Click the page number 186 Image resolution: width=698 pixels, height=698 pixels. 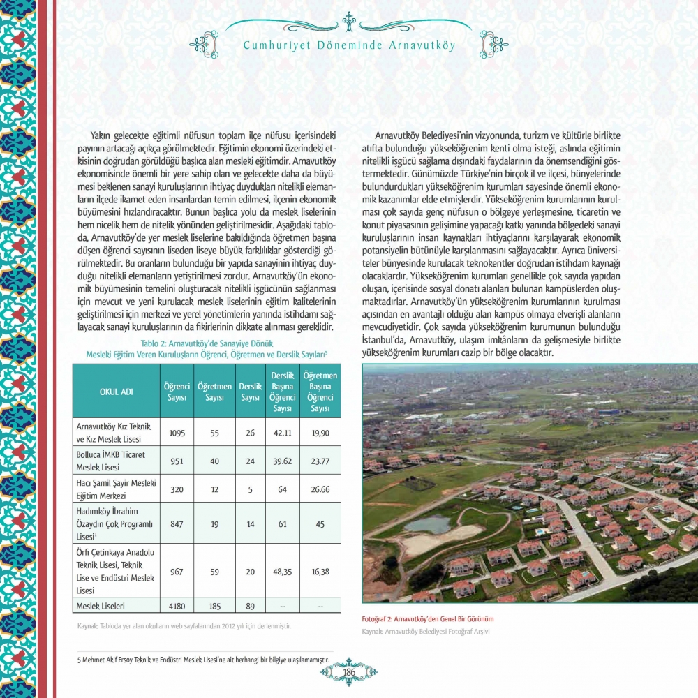tap(349, 672)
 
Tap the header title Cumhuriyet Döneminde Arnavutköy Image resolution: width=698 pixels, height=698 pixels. tap(349, 45)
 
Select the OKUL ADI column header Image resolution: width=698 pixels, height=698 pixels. tap(117, 392)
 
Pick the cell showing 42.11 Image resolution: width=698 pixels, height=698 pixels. tap(283, 433)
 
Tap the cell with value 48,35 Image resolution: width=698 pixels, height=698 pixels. tap(283, 570)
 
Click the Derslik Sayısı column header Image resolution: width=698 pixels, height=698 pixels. tap(250, 392)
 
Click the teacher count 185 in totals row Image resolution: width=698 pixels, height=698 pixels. tap(214, 606)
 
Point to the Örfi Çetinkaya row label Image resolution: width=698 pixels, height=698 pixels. tap(115, 570)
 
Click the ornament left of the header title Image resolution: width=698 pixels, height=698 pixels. tap(204, 44)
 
